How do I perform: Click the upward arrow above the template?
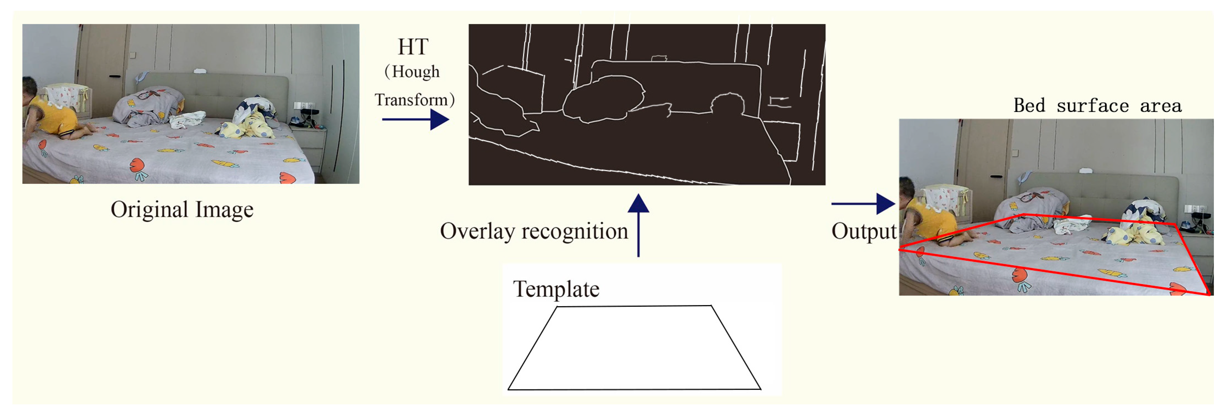638,224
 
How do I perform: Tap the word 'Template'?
556,289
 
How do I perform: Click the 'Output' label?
863,231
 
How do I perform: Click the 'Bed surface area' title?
1097,106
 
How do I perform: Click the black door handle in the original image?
115,76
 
